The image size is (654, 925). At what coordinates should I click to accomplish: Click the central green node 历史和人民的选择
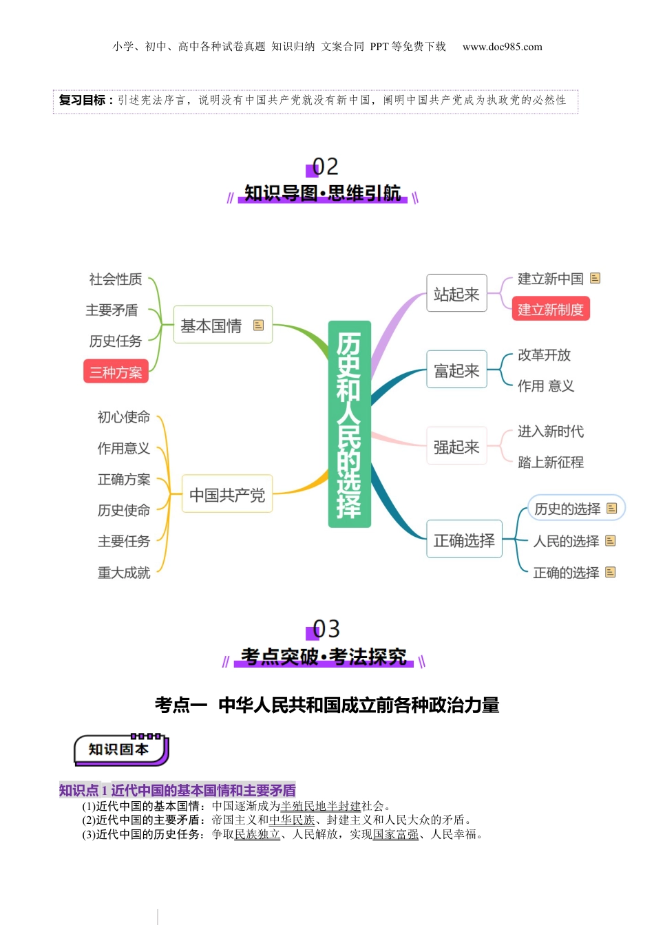tap(349, 424)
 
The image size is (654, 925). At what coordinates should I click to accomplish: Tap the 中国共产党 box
tap(227, 494)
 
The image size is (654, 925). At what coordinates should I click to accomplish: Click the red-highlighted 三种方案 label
tap(116, 372)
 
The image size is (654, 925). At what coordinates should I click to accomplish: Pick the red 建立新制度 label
tap(550, 310)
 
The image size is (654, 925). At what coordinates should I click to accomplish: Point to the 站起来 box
tap(456, 294)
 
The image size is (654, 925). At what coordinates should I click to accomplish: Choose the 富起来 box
tap(456, 370)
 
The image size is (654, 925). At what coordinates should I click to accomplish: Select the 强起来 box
tap(456, 447)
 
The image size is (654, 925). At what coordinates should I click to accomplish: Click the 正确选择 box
tap(464, 540)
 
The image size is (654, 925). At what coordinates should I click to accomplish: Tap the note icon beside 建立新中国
tap(595, 278)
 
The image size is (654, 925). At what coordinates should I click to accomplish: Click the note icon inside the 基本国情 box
tap(258, 325)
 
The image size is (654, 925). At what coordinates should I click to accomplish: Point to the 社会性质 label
tap(116, 279)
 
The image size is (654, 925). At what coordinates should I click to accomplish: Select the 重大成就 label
tap(124, 573)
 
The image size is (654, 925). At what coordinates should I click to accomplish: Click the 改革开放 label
tap(544, 355)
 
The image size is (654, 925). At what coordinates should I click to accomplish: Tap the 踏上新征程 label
tap(550, 463)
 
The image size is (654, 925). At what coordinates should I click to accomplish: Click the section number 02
tap(325, 167)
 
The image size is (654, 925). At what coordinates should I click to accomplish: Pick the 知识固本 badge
tap(120, 749)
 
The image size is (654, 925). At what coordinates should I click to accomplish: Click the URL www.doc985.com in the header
tap(502, 47)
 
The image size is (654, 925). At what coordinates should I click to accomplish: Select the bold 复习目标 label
tap(83, 100)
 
